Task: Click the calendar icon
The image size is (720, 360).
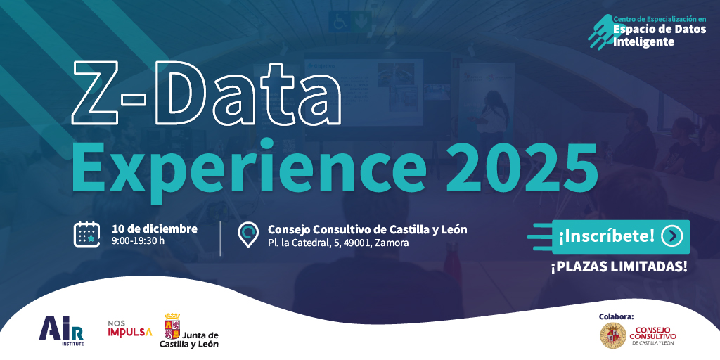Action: click(87, 234)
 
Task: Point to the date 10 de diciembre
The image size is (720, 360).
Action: click(155, 229)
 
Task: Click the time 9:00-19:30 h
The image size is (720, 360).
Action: click(138, 241)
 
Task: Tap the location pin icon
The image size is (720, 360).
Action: click(247, 235)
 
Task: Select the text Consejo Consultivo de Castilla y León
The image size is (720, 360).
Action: click(367, 229)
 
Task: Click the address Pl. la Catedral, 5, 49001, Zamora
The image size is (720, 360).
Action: click(338, 243)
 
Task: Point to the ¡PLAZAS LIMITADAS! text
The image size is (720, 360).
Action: click(619, 266)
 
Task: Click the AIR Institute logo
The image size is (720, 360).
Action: click(62, 328)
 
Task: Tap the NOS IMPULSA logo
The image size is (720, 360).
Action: click(129, 328)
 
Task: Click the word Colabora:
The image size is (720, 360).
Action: click(616, 316)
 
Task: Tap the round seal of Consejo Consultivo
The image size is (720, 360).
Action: click(612, 335)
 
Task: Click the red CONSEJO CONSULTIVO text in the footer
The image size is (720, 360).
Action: click(653, 333)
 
